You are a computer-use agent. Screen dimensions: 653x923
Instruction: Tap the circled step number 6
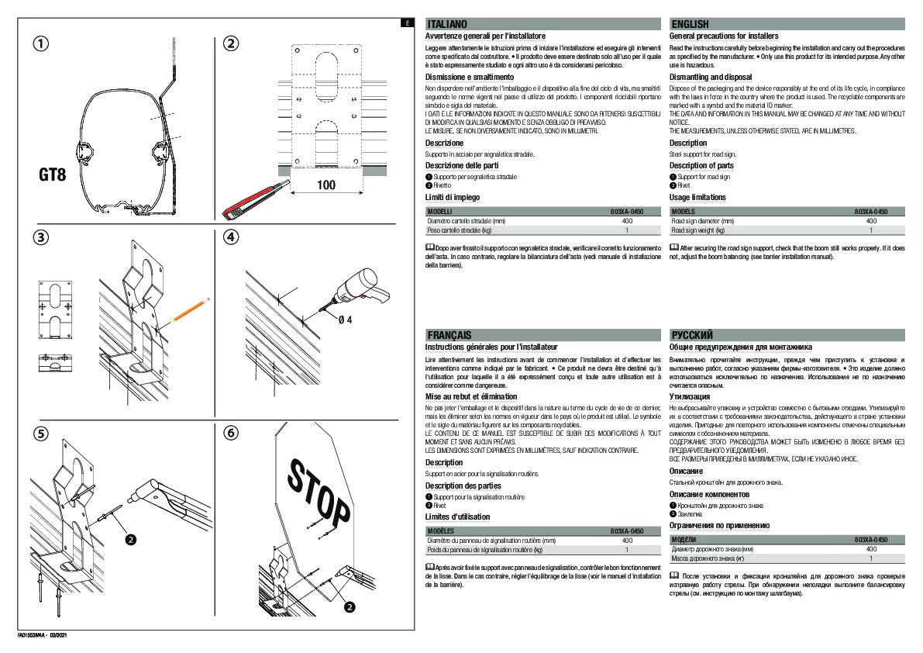point(230,434)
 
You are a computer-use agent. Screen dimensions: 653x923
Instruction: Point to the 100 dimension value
point(326,185)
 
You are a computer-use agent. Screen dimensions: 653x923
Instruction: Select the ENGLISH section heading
point(691,25)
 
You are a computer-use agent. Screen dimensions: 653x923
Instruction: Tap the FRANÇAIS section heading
point(449,335)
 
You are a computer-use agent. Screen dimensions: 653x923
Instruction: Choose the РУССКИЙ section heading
point(693,335)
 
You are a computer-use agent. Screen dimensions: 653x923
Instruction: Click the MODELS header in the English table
point(684,211)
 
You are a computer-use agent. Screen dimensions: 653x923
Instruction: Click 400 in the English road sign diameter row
point(870,221)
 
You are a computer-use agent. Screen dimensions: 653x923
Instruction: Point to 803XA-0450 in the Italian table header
point(627,211)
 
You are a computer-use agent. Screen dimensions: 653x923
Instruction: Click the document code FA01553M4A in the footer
point(33,636)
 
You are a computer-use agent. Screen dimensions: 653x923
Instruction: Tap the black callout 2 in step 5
point(131,538)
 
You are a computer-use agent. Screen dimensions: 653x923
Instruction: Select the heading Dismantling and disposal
point(711,78)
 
